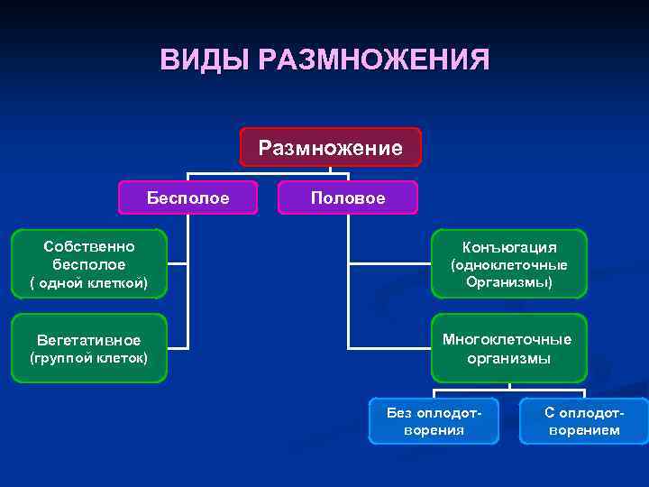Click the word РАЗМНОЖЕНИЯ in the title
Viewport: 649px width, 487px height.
(373, 60)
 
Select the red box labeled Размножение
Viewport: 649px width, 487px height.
(330, 147)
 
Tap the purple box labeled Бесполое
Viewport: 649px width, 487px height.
(187, 198)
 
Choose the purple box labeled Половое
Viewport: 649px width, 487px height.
(347, 198)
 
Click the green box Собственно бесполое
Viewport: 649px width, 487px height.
(88, 263)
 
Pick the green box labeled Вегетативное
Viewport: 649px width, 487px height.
(88, 348)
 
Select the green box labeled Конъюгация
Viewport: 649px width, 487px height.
(509, 263)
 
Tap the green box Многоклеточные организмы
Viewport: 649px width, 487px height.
(509, 348)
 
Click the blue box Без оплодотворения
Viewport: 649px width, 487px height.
(434, 421)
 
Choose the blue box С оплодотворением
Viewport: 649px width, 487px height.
(583, 421)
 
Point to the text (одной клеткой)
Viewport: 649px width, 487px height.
(88, 284)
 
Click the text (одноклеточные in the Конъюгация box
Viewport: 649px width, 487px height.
(509, 265)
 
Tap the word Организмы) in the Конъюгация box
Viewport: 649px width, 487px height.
(509, 282)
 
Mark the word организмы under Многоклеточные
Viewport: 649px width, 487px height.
(509, 358)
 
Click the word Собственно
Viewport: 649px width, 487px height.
(88, 245)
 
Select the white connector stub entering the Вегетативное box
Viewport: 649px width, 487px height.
(178, 347)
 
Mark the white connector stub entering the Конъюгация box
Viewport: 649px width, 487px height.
(389, 263)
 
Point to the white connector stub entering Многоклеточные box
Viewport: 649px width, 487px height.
(389, 347)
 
